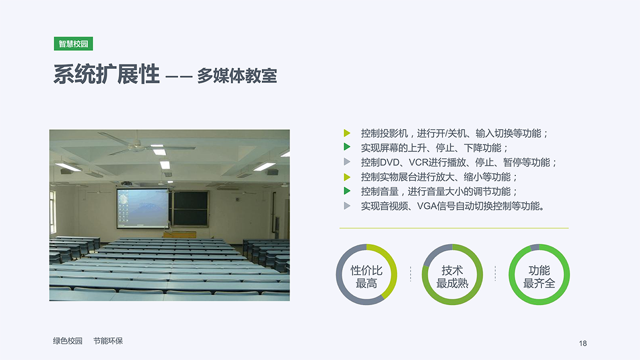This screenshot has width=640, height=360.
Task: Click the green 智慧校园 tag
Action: tap(74, 44)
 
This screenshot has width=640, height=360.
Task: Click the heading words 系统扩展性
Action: tap(106, 74)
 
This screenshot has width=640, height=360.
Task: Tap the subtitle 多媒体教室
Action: tap(237, 76)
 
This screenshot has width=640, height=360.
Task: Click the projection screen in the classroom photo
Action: tap(142, 209)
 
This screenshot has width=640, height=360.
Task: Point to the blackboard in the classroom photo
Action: tap(190, 209)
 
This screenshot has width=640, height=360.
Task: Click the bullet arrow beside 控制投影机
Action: tap(347, 133)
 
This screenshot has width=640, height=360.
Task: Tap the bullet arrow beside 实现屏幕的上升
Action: tap(347, 147)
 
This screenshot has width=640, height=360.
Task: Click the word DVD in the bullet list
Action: tap(389, 163)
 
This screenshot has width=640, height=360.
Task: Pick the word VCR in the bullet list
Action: tap(418, 163)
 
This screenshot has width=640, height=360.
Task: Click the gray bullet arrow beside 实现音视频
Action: tap(347, 206)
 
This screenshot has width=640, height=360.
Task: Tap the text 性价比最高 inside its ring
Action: tap(366, 277)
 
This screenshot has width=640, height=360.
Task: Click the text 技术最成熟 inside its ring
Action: tap(452, 277)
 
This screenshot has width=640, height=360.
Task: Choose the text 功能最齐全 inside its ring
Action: tap(539, 277)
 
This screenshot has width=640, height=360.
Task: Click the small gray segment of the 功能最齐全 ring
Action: tap(534, 247)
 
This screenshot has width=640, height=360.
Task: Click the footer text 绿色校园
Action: tap(68, 341)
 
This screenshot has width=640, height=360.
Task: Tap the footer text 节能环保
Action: tap(108, 341)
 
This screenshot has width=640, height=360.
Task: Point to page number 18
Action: tap(583, 343)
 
